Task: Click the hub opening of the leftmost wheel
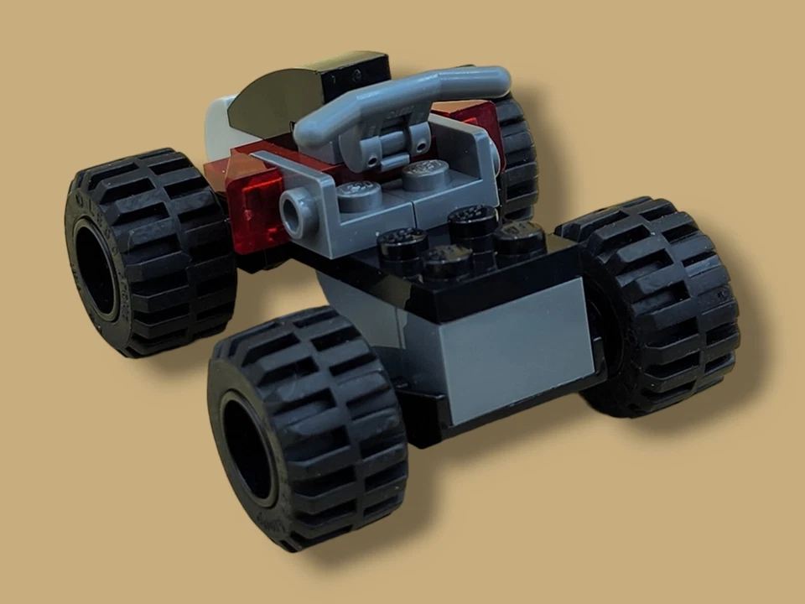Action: coord(95,268)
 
